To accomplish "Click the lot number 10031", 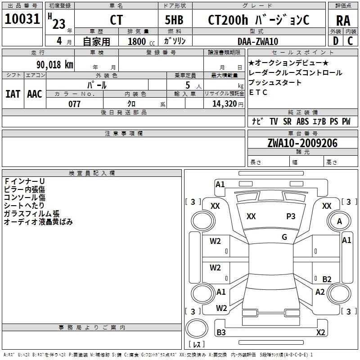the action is [22, 19].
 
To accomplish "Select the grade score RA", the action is [343, 21].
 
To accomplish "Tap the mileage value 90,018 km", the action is [54, 65].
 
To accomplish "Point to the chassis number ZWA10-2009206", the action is [302, 143].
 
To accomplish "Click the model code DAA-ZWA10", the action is [258, 41].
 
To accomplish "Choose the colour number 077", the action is [74, 104].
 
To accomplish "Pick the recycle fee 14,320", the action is [224, 104].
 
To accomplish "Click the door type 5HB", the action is [174, 20].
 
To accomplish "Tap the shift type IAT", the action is [13, 94].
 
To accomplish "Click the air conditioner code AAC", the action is [35, 94].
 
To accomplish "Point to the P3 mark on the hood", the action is [291, 216].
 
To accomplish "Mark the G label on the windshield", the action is [284, 237].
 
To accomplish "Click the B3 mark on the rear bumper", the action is [221, 332].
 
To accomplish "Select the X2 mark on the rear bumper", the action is [320, 332].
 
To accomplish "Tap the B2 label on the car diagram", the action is [327, 279].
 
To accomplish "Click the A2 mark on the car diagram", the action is [320, 292].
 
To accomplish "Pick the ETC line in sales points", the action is [258, 92].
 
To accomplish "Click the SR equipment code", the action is [287, 121].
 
